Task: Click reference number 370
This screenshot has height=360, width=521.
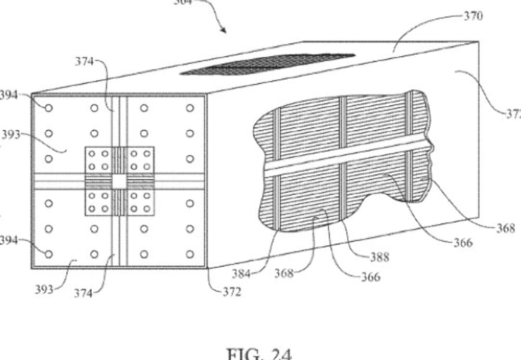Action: point(473,16)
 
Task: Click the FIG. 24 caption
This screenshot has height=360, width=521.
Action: point(259,354)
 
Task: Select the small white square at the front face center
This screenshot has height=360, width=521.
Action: point(119,181)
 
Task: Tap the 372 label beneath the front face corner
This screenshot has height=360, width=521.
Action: point(231,292)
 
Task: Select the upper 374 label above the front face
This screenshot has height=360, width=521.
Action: point(84,61)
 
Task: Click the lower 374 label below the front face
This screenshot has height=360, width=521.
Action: point(83,294)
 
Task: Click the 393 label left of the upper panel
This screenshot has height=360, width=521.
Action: point(10,134)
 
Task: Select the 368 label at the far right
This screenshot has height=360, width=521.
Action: point(505,228)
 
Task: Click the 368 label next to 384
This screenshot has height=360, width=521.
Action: point(284,273)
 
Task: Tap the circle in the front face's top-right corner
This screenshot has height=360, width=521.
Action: point(190,108)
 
